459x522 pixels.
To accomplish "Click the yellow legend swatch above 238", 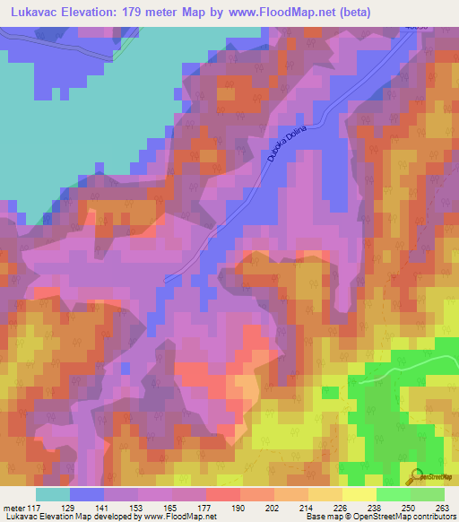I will coord(359,493).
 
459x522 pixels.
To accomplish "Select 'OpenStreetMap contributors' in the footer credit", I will coord(402,517).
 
